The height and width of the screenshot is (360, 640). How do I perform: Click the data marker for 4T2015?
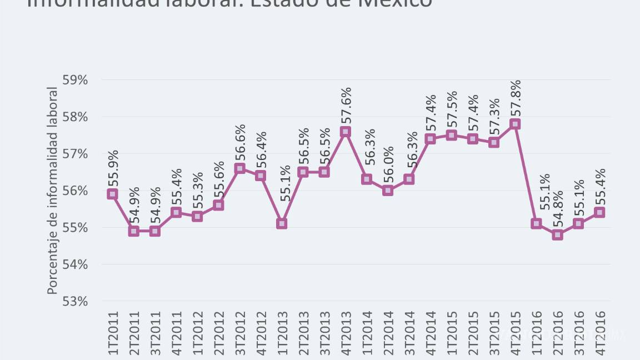[x=515, y=124]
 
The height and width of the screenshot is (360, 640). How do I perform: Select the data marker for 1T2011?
[x=112, y=194]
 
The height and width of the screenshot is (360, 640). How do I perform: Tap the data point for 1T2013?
[x=282, y=224]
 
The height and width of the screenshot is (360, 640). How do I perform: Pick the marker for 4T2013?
[x=346, y=132]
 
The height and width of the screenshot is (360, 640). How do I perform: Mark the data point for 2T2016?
[x=557, y=235]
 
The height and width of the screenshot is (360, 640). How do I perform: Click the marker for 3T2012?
[x=239, y=168]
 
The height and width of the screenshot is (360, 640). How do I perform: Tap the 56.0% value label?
[x=388, y=164]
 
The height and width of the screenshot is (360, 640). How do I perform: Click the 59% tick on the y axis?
[x=75, y=80]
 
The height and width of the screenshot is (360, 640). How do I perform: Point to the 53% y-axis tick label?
[x=75, y=301]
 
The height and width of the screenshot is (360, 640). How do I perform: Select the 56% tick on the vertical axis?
[x=75, y=191]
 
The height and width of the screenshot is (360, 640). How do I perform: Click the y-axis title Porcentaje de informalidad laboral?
[x=52, y=191]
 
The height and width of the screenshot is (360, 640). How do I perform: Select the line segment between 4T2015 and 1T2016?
[x=526, y=174]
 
